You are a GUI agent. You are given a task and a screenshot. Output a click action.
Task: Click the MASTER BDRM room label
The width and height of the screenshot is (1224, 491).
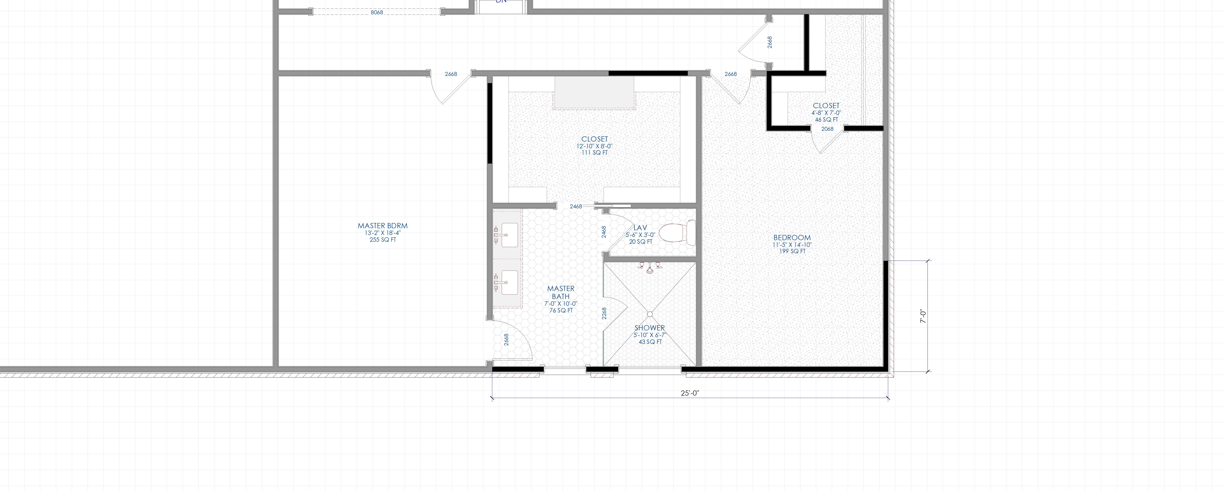pyautogui.click(x=382, y=226)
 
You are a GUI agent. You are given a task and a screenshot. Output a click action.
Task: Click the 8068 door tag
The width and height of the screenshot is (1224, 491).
pyautogui.click(x=377, y=12)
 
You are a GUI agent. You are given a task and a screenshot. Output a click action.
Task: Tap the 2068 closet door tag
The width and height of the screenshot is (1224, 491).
pyautogui.click(x=827, y=129)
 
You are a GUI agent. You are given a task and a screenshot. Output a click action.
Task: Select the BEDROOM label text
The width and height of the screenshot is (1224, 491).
pyautogui.click(x=792, y=238)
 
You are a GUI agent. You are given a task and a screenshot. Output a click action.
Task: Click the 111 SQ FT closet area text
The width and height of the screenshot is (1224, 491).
pyautogui.click(x=594, y=153)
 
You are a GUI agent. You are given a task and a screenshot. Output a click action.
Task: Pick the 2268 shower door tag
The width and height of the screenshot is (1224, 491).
pyautogui.click(x=604, y=313)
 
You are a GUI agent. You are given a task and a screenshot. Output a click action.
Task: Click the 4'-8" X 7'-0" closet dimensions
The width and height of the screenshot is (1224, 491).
pyautogui.click(x=826, y=113)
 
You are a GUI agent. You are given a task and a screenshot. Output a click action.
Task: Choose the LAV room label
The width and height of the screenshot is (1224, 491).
pyautogui.click(x=640, y=228)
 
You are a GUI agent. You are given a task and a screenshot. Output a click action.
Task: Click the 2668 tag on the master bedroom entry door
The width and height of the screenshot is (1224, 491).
pyautogui.click(x=451, y=74)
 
